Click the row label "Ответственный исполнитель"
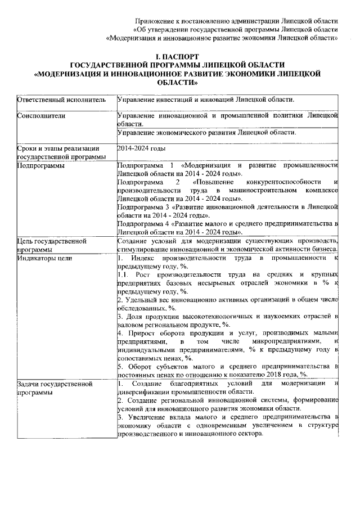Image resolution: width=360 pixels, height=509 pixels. (x=61, y=100)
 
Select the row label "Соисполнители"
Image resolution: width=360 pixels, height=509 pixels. (x=41, y=116)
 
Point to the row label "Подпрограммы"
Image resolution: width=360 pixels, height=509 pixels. (x=40, y=166)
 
